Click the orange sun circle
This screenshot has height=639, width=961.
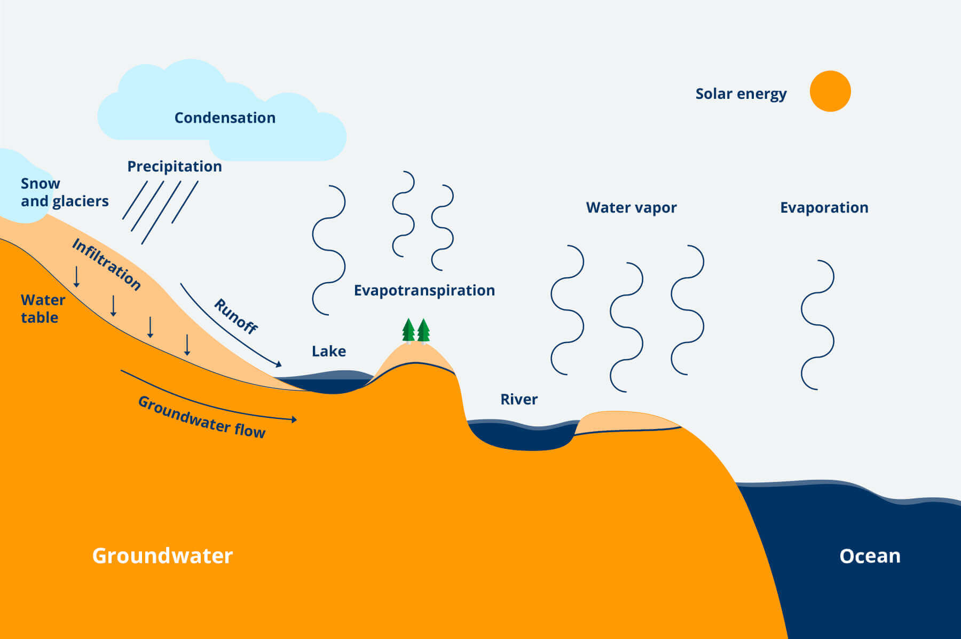point(830,91)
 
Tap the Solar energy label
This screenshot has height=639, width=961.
point(741,94)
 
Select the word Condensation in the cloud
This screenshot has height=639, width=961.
point(225,118)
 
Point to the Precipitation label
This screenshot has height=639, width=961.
point(174,167)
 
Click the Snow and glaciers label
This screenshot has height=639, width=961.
point(64,192)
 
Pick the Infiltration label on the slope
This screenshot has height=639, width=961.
point(107,264)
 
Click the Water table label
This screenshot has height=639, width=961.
point(43,309)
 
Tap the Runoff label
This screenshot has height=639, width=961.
point(236,316)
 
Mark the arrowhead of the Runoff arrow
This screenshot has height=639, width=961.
point(279,364)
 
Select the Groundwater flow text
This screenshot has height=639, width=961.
point(202,417)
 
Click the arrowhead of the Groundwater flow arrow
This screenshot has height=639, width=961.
point(294,419)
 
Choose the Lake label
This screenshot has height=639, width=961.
point(329,352)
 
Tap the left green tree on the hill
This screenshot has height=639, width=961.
point(408,330)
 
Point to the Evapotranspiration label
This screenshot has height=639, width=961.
point(424,291)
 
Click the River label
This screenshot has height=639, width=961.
point(519,400)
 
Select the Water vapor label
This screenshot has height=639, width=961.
point(631,208)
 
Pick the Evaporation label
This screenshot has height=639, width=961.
point(824,208)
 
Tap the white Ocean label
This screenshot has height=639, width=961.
point(870,556)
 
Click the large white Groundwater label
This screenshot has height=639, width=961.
point(162,556)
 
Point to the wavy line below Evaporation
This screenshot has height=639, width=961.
point(817,325)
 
